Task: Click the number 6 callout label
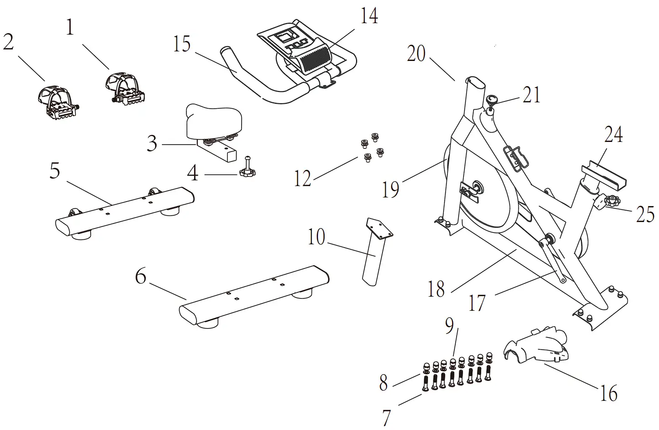pos(141,276)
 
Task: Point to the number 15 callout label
pos(182,45)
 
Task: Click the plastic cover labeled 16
pos(537,348)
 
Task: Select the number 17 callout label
pos(477,303)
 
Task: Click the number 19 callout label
pos(390,189)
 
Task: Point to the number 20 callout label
pos(416,54)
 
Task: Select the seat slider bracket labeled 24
pos(603,176)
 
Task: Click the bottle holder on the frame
pos(516,157)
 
